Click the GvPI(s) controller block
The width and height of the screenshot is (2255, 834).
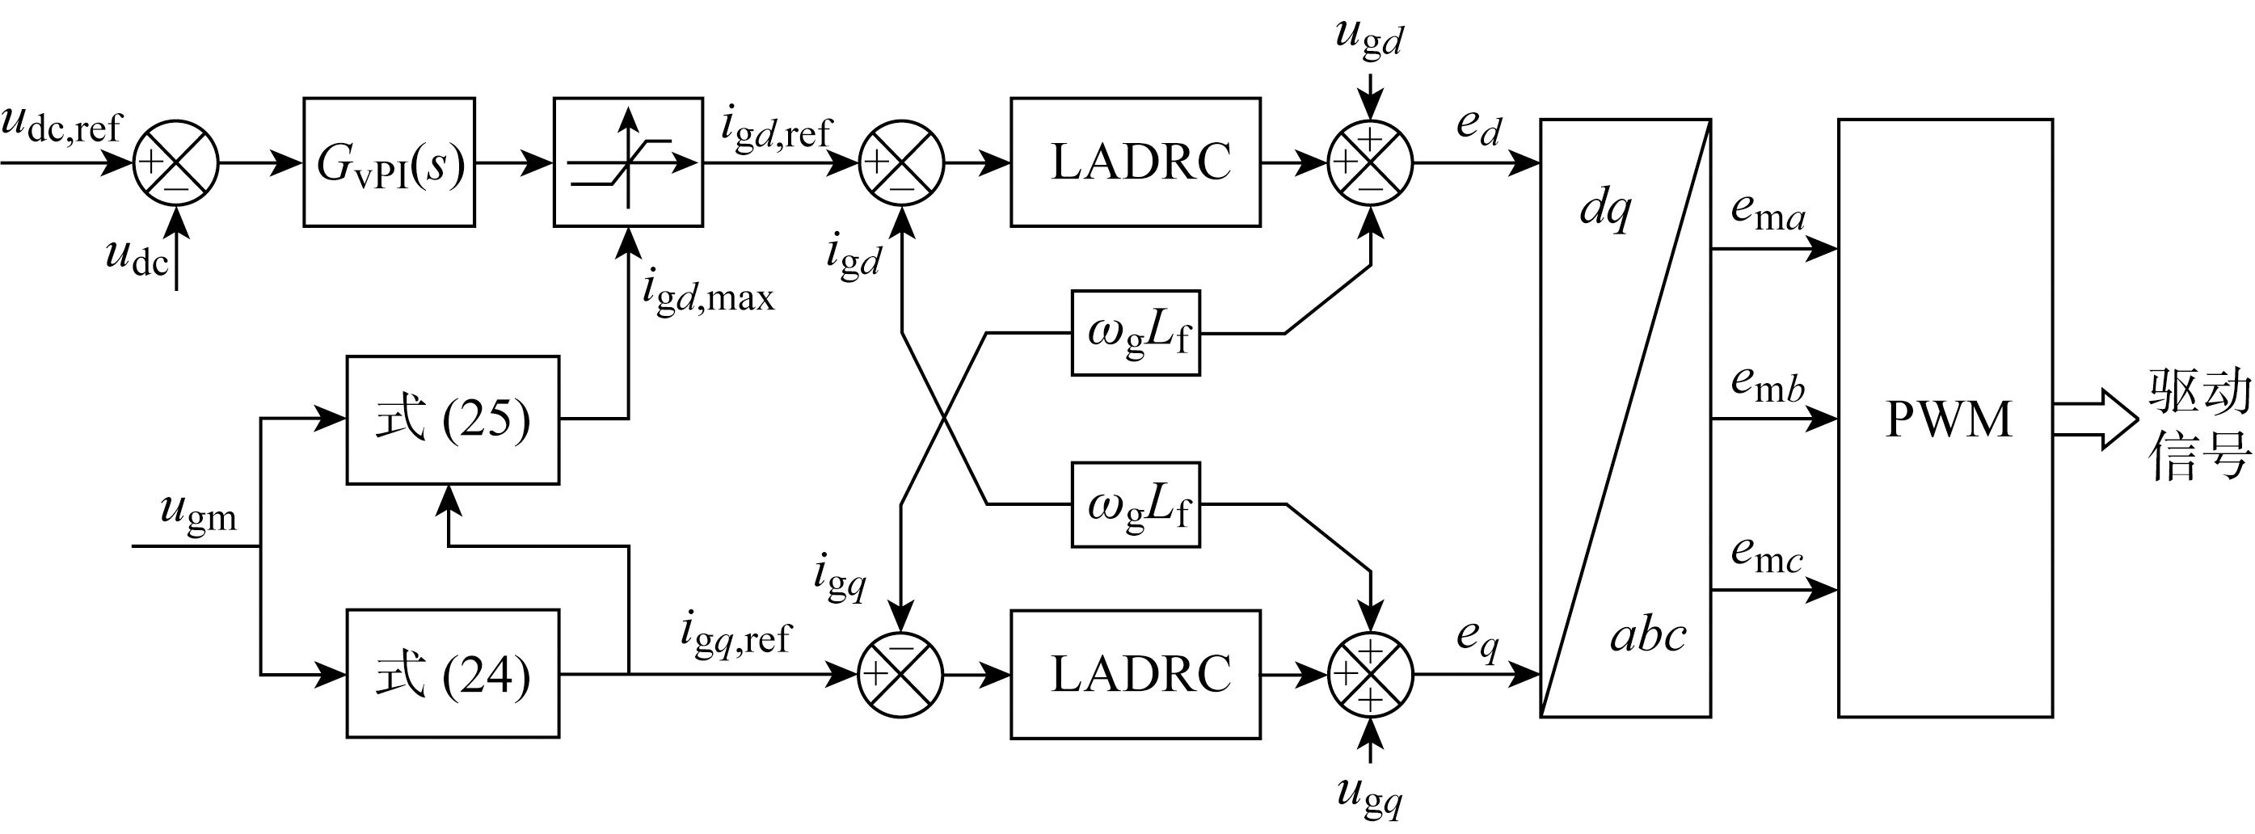pos(389,162)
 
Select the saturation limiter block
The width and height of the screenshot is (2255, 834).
pos(628,162)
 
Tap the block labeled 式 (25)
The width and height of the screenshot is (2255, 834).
pos(453,420)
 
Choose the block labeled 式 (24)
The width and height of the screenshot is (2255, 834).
pos(453,674)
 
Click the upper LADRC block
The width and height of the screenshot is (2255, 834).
pos(1136,162)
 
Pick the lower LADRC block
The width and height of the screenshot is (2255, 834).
pos(1136,674)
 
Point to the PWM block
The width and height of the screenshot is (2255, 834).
pos(1945,419)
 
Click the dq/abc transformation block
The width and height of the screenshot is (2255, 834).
pos(1625,419)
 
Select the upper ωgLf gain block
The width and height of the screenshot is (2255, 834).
pos(1136,334)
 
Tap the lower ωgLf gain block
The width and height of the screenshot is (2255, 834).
pos(1136,505)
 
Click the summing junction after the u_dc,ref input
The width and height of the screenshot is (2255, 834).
pos(176,162)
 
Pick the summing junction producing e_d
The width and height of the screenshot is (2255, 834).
pos(1370,162)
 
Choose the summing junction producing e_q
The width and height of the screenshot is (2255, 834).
pos(1370,674)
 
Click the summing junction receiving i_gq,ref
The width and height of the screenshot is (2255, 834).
pos(900,674)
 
